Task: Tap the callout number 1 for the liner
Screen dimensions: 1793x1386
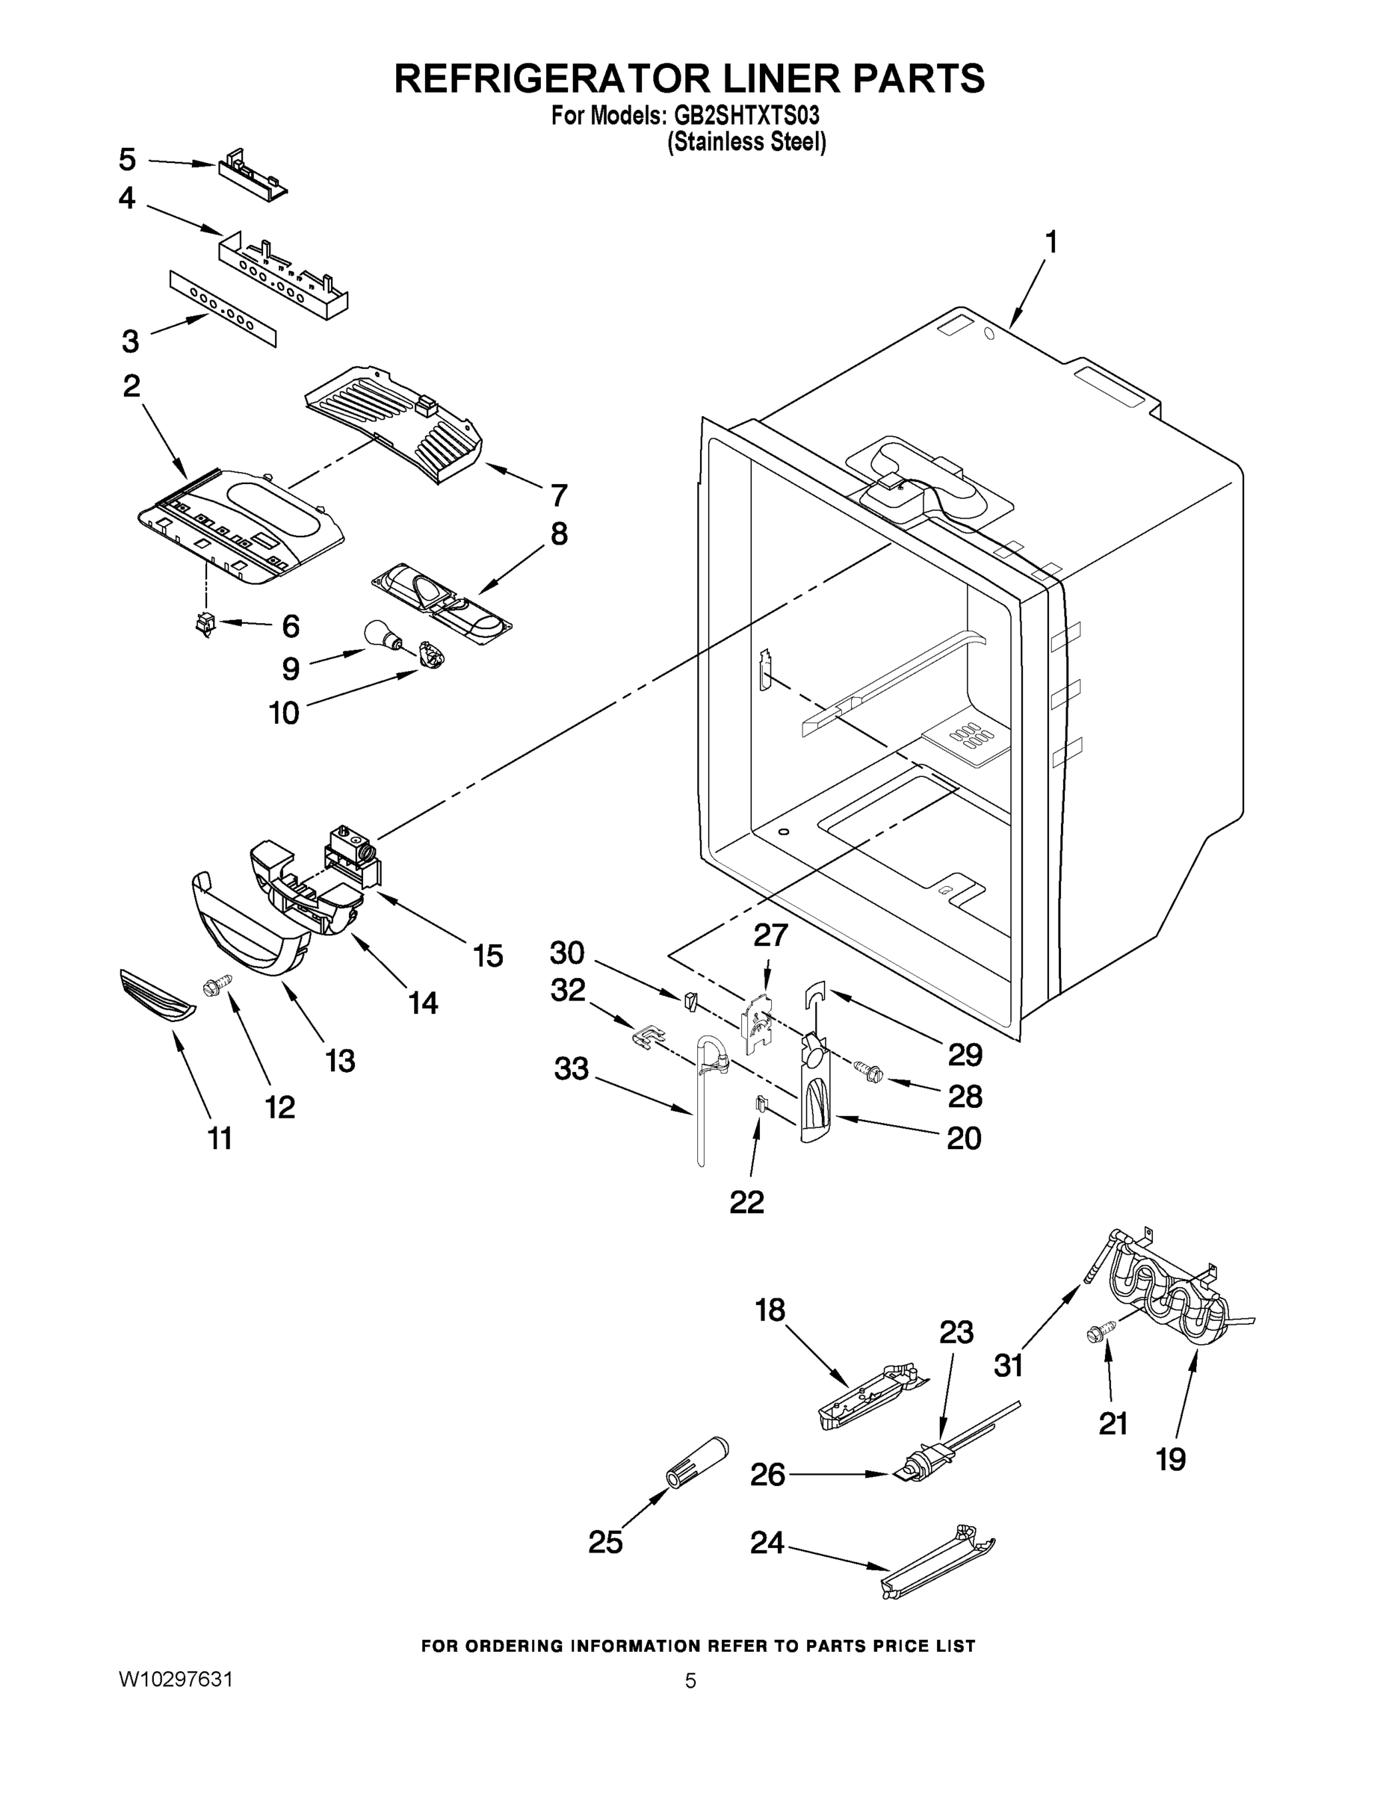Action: [1051, 243]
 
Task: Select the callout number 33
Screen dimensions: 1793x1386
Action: [572, 1069]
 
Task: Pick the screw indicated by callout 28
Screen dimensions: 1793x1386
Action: [867, 1070]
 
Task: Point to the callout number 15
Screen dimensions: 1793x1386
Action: [488, 956]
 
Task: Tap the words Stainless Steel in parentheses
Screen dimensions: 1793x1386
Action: [746, 143]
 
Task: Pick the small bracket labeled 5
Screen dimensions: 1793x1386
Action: [251, 175]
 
